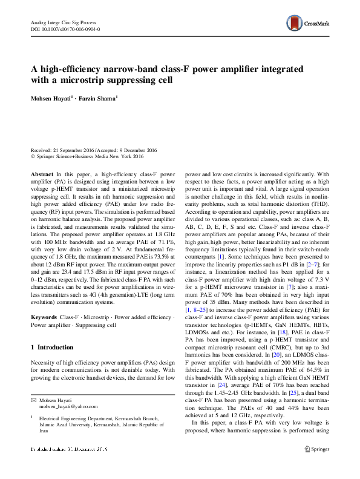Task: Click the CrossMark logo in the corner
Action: point(307,24)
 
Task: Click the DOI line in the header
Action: point(65,28)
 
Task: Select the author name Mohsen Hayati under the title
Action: point(51,97)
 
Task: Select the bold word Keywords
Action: point(44,317)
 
